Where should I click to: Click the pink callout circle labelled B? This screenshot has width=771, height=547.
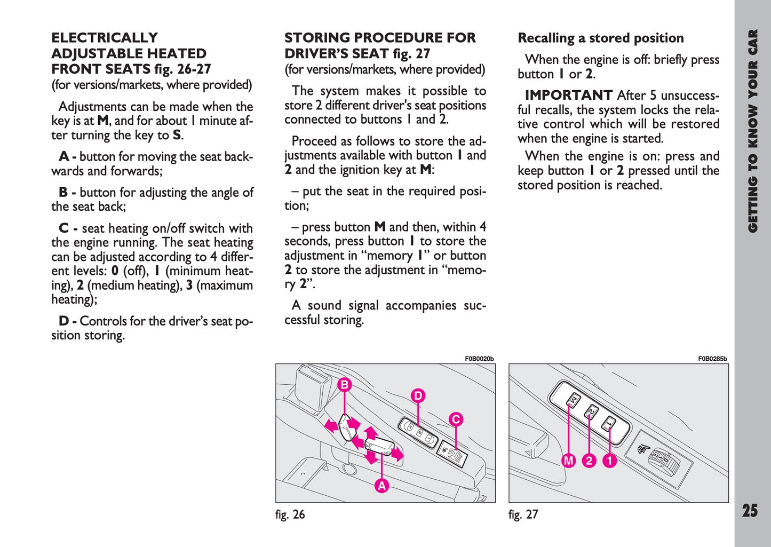tap(345, 385)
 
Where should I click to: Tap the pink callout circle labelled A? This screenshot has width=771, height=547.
tap(381, 486)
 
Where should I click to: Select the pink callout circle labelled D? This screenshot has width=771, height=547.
tap(418, 395)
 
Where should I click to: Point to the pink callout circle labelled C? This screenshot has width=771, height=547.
tap(456, 419)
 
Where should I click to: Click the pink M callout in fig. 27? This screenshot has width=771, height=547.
tap(569, 461)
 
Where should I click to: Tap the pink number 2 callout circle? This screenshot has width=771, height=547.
tap(589, 461)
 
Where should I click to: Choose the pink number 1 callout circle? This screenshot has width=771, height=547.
tap(609, 461)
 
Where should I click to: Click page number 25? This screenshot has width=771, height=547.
tap(750, 511)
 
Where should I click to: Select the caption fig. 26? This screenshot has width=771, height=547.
tap(290, 514)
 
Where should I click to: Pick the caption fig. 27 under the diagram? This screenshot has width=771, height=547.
tap(523, 514)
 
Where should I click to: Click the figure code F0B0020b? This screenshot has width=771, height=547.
tap(479, 359)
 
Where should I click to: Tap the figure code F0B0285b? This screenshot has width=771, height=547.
tap(712, 359)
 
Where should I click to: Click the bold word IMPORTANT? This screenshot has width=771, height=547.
tap(568, 96)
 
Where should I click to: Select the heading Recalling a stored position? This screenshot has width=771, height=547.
tap(601, 38)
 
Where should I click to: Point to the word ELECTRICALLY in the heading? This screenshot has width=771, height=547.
tap(105, 38)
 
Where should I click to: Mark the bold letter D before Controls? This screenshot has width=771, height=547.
tap(64, 321)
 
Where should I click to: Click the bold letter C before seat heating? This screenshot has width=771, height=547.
tap(64, 228)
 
